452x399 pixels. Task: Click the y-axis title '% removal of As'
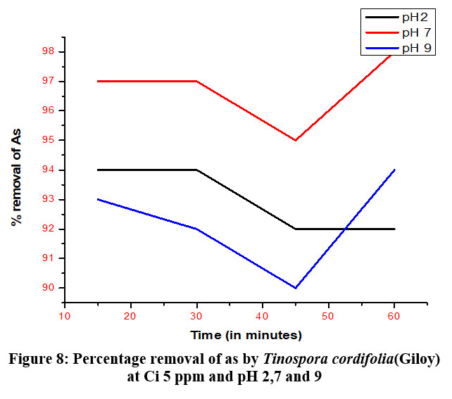pos(15,170)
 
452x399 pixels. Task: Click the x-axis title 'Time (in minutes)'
pos(246,334)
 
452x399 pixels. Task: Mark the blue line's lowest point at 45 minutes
pos(295,288)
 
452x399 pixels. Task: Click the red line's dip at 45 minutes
pos(295,140)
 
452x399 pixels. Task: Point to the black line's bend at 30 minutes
pos(196,170)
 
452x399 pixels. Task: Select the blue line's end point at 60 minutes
pos(394,170)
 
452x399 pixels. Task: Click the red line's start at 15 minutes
pos(98,81)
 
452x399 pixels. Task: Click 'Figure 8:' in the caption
pos(39,360)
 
